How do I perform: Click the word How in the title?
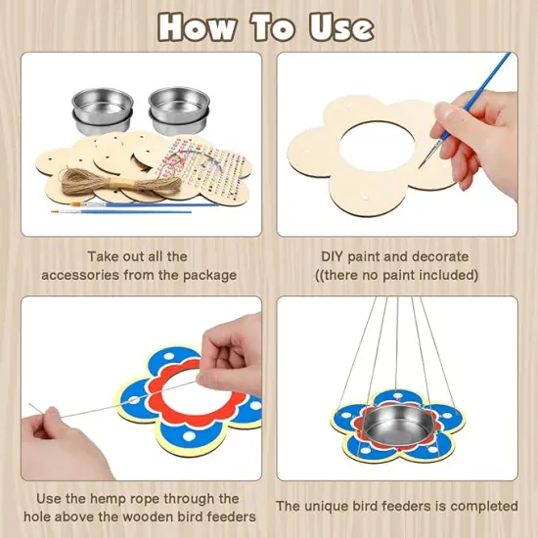(x=197, y=27)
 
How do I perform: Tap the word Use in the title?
(x=341, y=27)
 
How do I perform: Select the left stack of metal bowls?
(x=103, y=111)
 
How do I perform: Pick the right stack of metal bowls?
(x=179, y=111)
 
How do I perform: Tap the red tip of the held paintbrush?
(x=422, y=165)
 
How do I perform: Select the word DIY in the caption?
(x=332, y=256)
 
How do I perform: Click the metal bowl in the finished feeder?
(x=397, y=425)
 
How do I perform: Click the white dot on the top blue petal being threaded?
(x=169, y=356)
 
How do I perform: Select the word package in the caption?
(x=209, y=276)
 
